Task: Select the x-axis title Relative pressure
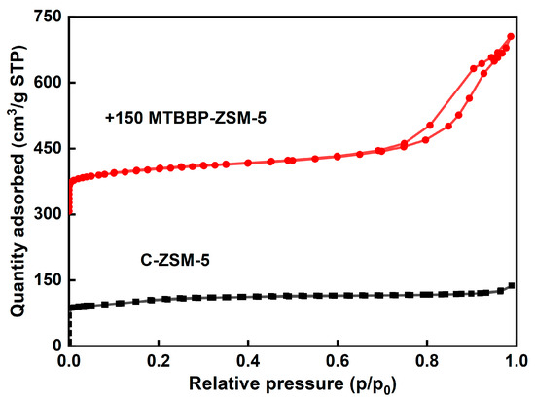(x=293, y=383)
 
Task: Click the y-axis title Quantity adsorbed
(x=17, y=181)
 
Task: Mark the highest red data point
(x=511, y=37)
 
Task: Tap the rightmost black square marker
(x=512, y=285)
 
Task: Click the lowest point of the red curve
(x=70, y=213)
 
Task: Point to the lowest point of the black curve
(x=70, y=344)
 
